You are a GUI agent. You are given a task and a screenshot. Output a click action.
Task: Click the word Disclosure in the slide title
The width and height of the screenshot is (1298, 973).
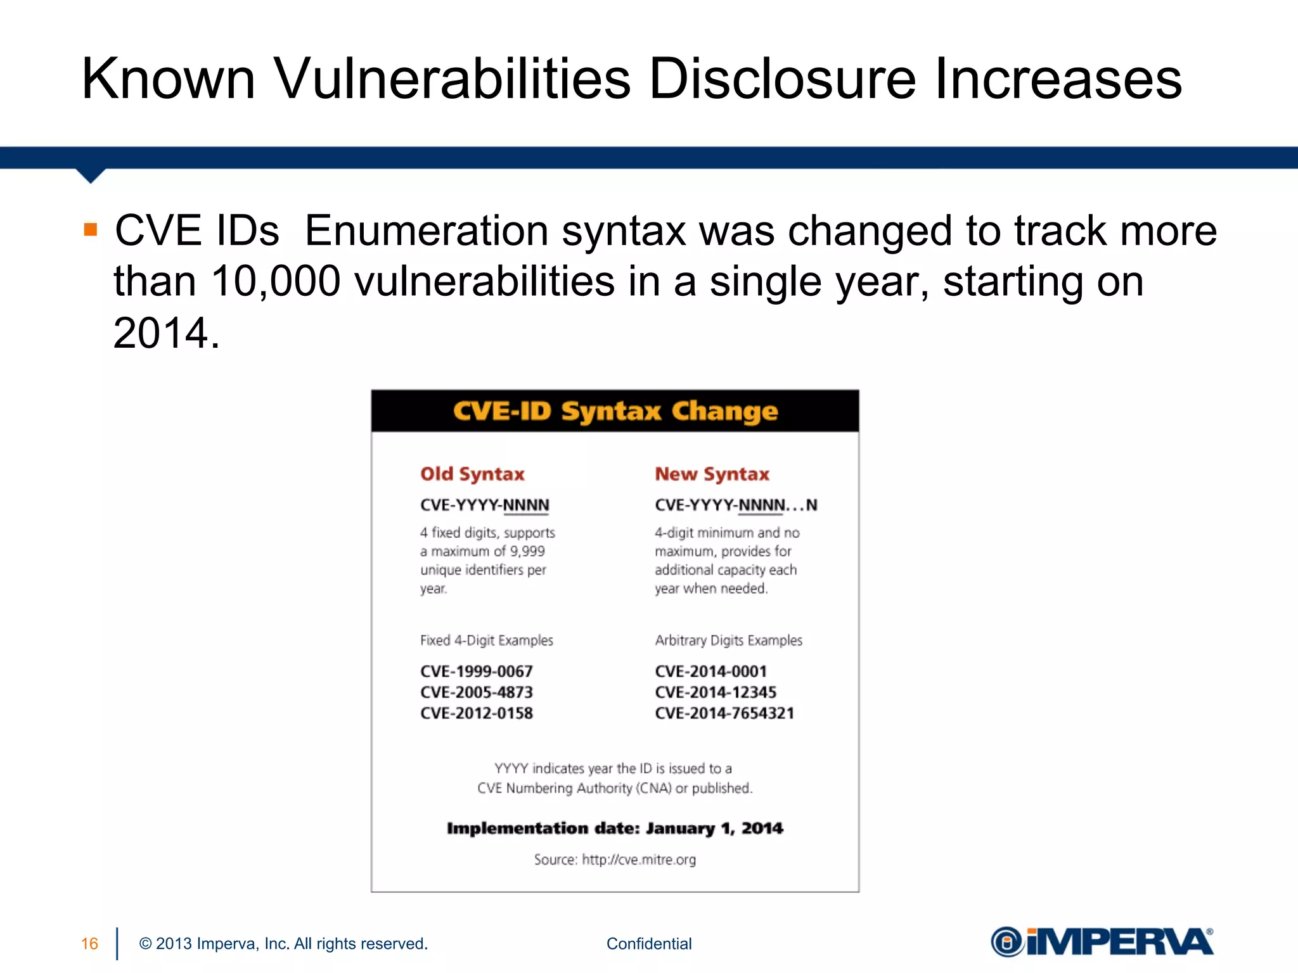[x=782, y=79]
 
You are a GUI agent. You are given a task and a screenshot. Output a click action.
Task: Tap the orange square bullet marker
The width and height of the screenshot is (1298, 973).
[x=91, y=229]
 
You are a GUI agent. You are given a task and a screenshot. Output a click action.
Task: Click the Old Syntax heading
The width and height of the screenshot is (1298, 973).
[x=472, y=474]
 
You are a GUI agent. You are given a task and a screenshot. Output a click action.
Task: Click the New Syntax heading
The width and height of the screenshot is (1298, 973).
[x=712, y=474]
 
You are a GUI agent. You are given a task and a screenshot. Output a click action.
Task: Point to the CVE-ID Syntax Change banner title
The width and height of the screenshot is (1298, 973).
[x=615, y=411]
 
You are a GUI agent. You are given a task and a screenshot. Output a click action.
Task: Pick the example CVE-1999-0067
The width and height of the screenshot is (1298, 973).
[x=477, y=671]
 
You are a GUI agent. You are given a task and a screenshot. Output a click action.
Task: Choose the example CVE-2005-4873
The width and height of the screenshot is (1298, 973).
[x=477, y=692]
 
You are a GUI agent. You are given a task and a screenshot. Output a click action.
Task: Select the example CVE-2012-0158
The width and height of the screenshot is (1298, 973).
[x=477, y=713]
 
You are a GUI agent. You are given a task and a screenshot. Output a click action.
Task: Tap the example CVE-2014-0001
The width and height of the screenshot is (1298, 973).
[x=710, y=671]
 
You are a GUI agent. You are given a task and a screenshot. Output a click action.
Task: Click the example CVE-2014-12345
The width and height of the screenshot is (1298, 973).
[x=716, y=692]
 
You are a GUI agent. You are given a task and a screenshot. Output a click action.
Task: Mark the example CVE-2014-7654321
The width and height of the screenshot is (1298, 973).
[x=724, y=713]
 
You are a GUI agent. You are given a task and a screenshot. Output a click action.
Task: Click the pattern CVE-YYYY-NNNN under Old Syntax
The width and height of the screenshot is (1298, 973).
[x=485, y=505]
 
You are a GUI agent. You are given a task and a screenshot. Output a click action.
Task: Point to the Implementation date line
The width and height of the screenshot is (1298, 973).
[x=615, y=829]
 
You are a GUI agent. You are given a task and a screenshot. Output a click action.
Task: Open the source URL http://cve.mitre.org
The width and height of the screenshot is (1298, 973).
[x=639, y=860]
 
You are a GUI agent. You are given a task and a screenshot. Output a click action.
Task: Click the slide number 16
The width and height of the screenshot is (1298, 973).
[x=89, y=944]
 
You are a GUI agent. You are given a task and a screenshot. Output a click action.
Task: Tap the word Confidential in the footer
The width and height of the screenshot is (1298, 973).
[x=649, y=944]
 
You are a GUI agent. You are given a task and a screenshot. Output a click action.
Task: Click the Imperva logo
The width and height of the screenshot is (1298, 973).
[x=1102, y=942]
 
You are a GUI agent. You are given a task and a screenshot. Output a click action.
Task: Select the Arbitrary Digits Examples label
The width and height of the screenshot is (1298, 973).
[x=728, y=640]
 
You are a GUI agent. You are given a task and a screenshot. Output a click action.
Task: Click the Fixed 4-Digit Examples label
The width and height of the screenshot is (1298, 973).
[x=486, y=640]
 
